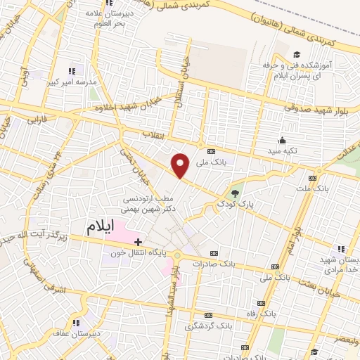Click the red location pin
pyautogui.click(x=181, y=165)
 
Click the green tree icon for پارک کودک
pyautogui.click(x=235, y=190)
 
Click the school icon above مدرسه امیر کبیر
pyautogui.click(x=70, y=71)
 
